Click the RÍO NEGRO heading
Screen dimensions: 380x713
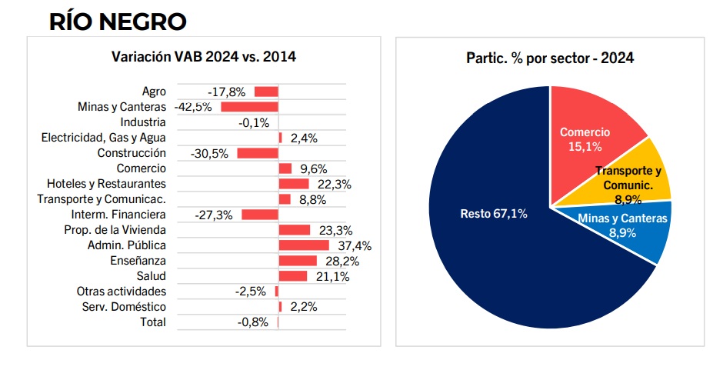pyautogui.click(x=118, y=21)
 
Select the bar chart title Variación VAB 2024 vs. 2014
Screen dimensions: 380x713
pyautogui.click(x=204, y=56)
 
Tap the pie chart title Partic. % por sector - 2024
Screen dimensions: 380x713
pyautogui.click(x=550, y=58)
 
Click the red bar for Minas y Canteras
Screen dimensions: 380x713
pyautogui.click(x=249, y=107)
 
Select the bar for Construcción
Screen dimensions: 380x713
pyautogui.click(x=257, y=153)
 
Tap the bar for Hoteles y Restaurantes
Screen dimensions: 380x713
pyautogui.click(x=293, y=184)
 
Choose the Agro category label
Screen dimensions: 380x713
pyautogui.click(x=154, y=92)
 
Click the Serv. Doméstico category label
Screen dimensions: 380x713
pyautogui.click(x=124, y=307)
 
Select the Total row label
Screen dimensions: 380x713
pyautogui.click(x=152, y=322)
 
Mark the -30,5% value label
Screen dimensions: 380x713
pyautogui.click(x=211, y=154)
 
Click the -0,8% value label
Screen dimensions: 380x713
pyautogui.click(x=253, y=322)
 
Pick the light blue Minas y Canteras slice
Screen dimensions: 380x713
pyautogui.click(x=631, y=231)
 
